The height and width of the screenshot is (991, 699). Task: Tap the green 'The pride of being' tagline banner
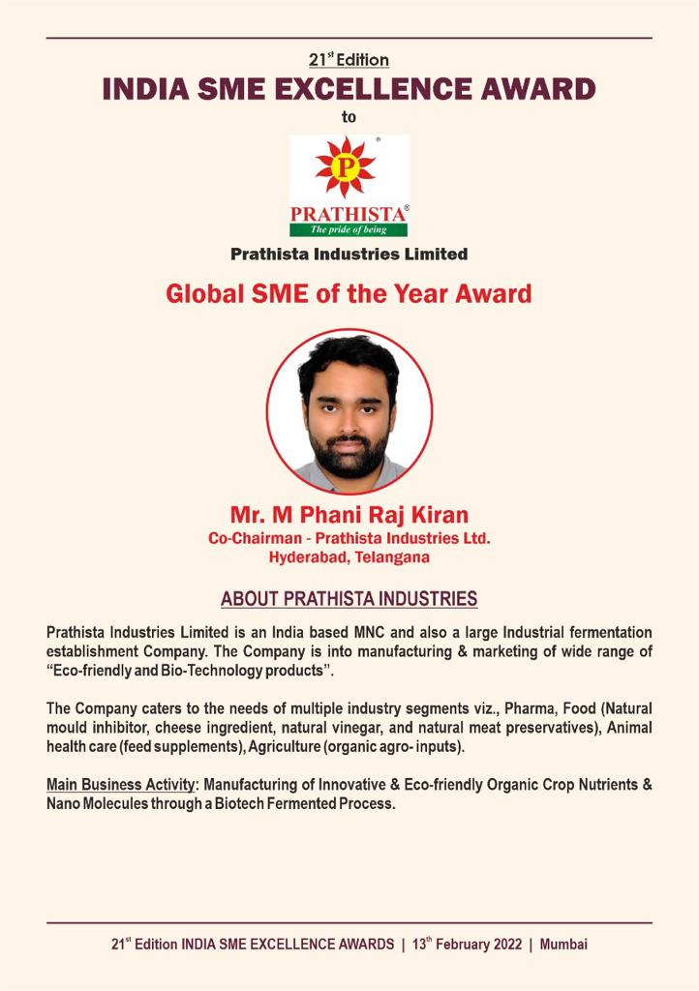tap(349, 229)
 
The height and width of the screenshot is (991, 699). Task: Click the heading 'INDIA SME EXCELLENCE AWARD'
tap(349, 90)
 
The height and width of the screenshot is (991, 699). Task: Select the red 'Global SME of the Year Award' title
tap(349, 293)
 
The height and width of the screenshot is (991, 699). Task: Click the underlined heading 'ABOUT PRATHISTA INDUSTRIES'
tap(349, 599)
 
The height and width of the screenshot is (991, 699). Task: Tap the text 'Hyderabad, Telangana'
tap(349, 556)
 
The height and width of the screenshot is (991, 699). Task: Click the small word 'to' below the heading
tap(349, 117)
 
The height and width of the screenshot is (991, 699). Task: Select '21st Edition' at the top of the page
tap(349, 60)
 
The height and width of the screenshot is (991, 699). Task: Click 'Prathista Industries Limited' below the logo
tap(349, 255)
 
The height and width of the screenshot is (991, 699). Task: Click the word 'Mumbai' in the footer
tap(564, 944)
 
